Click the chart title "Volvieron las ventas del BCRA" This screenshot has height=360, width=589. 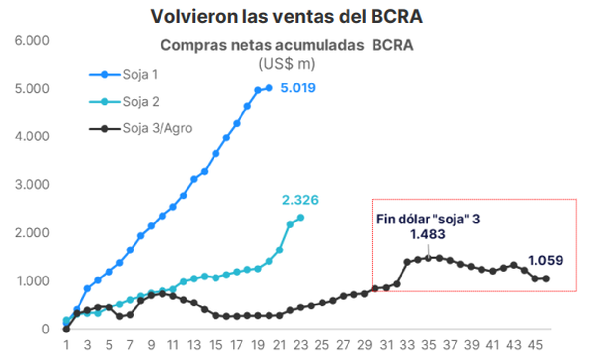(287, 16)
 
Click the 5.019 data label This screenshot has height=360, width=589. (297, 88)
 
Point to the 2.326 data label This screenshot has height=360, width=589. (300, 200)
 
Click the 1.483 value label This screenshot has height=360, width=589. (428, 234)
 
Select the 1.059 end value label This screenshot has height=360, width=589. (545, 260)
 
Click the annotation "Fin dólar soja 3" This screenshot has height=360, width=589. (428, 219)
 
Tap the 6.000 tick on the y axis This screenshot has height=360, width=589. (32, 41)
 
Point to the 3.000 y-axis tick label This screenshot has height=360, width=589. (32, 185)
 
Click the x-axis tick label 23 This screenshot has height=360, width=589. (300, 345)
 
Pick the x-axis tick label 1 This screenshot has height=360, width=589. (66, 345)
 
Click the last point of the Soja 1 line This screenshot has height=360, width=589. (268, 88)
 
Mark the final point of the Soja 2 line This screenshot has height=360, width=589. (300, 218)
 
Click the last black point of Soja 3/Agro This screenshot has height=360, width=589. (546, 278)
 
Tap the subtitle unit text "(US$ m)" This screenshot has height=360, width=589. (287, 64)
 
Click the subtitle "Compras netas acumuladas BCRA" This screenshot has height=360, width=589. (287, 46)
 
